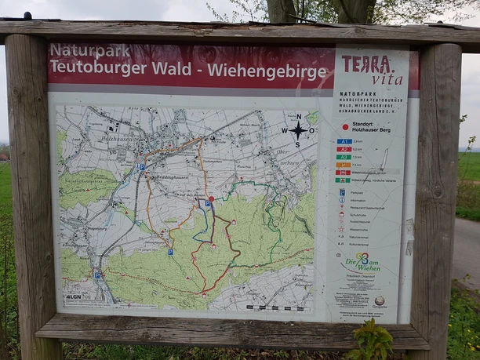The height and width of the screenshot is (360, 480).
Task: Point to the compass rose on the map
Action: (x=298, y=130)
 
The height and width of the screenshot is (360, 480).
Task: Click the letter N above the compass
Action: (x=298, y=117)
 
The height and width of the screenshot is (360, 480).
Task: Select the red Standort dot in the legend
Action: (x=344, y=126)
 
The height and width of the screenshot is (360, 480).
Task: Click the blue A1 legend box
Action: (x=344, y=141)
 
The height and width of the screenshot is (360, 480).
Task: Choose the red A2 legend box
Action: (x=344, y=149)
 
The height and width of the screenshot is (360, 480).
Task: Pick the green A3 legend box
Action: (x=344, y=157)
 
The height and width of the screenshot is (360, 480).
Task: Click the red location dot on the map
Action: (x=211, y=198)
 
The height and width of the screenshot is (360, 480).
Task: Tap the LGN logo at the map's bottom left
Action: (x=73, y=296)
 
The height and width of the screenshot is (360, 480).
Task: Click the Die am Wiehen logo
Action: (x=362, y=263)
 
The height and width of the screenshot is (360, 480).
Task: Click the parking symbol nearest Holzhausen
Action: (x=142, y=166)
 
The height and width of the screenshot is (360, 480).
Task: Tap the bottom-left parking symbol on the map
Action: (x=97, y=275)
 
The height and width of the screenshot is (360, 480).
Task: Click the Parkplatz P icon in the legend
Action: (x=341, y=191)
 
